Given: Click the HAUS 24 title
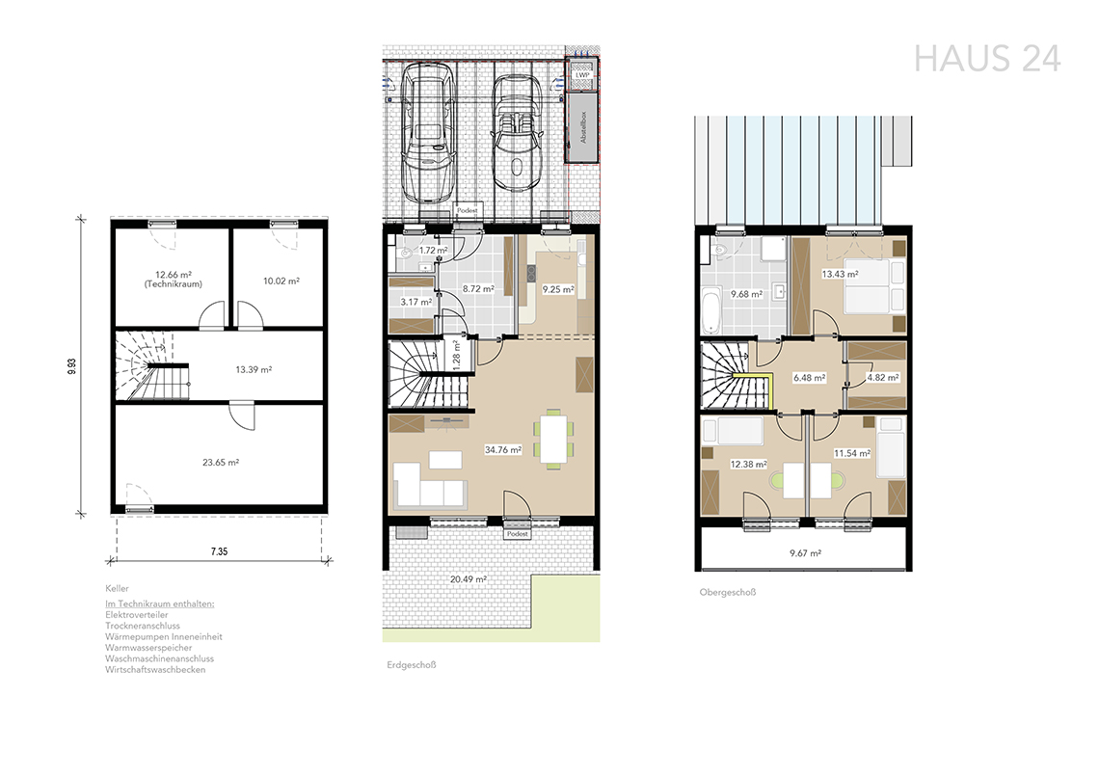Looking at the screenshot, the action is (x=987, y=59).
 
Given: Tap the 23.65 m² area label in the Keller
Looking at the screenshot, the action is (x=221, y=463).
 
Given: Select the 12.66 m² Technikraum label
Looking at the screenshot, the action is (x=174, y=280).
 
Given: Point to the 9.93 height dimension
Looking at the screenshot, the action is (x=72, y=366).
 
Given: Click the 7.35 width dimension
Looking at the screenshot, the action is (x=220, y=551).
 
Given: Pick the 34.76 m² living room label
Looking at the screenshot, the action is (x=503, y=450).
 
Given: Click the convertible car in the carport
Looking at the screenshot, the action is (x=518, y=133).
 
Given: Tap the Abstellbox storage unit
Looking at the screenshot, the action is (x=582, y=127).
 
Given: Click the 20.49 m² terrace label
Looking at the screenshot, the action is (x=469, y=579).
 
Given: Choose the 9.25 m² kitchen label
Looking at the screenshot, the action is (x=558, y=288).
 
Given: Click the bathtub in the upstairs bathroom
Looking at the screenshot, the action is (x=710, y=312).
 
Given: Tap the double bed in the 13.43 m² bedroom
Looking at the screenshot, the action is (x=874, y=287).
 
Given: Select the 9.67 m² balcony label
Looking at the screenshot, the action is (x=805, y=552).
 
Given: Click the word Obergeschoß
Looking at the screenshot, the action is (x=728, y=592).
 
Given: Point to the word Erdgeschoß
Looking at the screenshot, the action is (x=412, y=665).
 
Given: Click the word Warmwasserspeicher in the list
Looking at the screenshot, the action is (x=148, y=648).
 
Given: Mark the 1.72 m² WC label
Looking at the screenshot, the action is (x=434, y=250).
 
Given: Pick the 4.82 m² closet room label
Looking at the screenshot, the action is (x=883, y=378).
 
